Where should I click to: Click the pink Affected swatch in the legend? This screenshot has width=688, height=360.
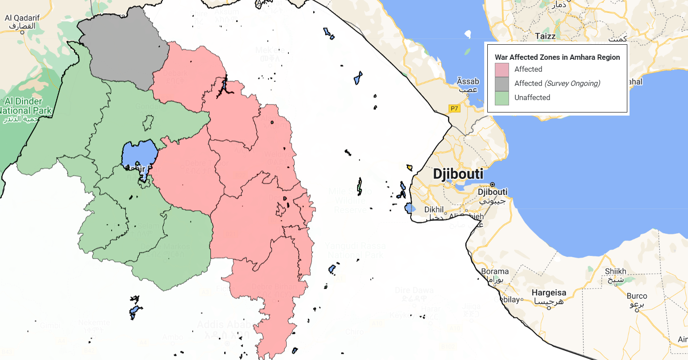[501, 70]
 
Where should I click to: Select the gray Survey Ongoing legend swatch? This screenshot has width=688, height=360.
[501, 84]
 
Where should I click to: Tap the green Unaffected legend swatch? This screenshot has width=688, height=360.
[501, 98]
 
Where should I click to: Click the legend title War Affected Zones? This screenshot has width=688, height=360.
[557, 57]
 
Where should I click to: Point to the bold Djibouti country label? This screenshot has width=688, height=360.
[458, 174]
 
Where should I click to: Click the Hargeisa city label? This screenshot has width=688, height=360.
[548, 293]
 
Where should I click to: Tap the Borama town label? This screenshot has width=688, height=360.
[494, 271]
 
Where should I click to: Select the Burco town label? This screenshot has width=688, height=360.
[637, 296]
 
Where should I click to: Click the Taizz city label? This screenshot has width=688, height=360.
[545, 36]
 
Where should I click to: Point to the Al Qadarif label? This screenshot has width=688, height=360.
[22, 18]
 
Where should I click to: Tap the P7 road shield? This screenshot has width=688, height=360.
[454, 108]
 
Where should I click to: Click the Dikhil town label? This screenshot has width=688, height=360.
[434, 209]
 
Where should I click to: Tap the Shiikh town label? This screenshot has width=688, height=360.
[615, 271]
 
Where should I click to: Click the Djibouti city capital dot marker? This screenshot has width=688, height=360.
[492, 185]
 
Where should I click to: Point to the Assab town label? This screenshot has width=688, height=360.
[468, 81]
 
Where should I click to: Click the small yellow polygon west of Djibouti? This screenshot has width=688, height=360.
[410, 168]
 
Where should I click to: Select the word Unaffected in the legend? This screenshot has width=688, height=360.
[532, 98]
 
